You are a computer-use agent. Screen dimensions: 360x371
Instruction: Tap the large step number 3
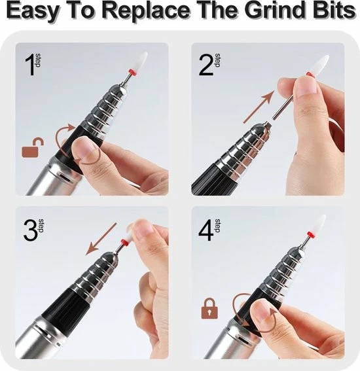(31, 231)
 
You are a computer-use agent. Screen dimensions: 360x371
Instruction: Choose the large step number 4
(206, 230)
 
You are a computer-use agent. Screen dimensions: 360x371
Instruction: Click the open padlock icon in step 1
(33, 148)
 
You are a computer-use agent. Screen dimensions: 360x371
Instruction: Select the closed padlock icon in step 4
(209, 309)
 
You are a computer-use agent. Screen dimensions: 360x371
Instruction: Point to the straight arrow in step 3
(101, 239)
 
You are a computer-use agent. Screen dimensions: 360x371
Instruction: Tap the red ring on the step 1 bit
(132, 71)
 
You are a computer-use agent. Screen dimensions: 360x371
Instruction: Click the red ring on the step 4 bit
(311, 235)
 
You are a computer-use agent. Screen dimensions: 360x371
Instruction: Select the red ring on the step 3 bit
(124, 243)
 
